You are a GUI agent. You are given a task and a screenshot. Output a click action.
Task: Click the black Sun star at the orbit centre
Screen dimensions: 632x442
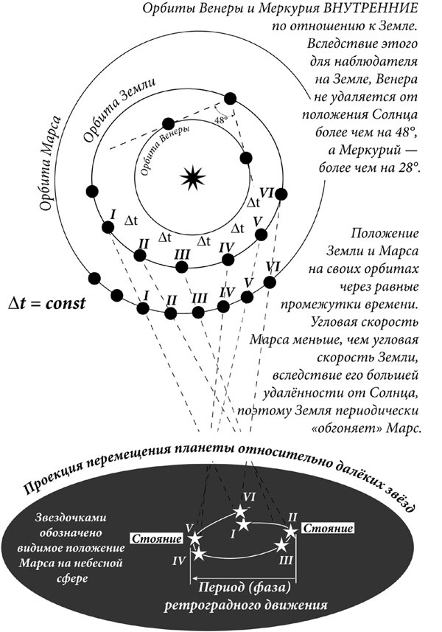point(190,176)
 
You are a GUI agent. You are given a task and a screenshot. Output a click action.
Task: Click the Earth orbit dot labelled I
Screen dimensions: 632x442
point(108,227)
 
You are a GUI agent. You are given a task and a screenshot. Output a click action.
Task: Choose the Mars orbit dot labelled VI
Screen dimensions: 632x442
point(270,282)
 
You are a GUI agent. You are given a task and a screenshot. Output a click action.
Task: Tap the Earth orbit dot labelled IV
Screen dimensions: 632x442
point(228,259)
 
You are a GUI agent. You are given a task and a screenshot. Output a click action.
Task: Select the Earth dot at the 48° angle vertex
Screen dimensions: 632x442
point(230,97)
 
